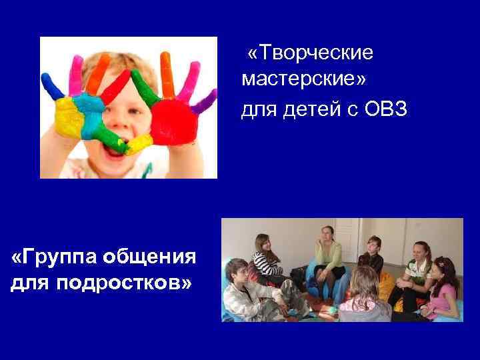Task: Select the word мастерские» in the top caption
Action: [304, 79]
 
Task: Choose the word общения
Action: [156, 256]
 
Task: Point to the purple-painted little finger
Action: [203, 103]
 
